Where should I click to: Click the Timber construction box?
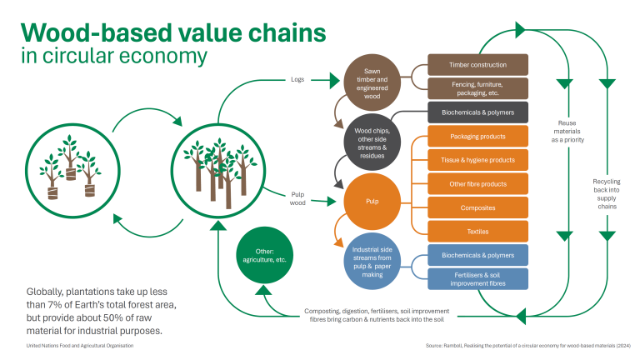click(x=477, y=64)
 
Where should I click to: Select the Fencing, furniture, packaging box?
click(x=477, y=87)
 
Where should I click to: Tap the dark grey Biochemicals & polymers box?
click(x=477, y=112)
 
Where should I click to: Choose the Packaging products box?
click(x=477, y=137)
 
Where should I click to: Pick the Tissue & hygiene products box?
click(x=477, y=160)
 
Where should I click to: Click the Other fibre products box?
click(x=477, y=183)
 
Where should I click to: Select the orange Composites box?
click(x=477, y=207)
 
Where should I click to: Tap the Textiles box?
click(x=477, y=231)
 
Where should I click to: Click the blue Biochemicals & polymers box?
click(x=477, y=255)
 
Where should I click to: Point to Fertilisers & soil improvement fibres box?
click(x=477, y=278)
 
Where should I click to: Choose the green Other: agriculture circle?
click(x=265, y=254)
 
